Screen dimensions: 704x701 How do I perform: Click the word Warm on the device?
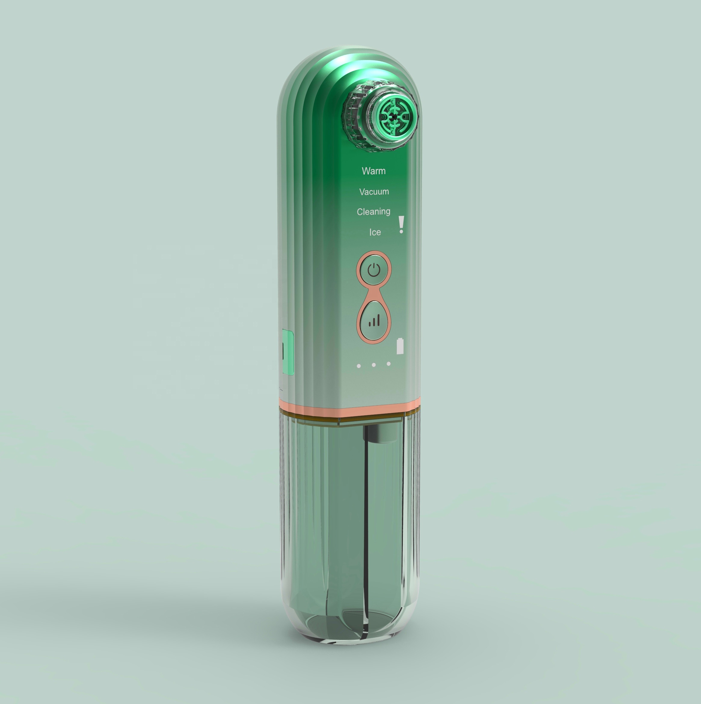pos(374,171)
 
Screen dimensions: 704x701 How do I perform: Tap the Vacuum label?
pos(374,192)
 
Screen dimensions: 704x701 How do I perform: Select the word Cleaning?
pos(373,212)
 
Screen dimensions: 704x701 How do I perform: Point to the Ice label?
pos(375,232)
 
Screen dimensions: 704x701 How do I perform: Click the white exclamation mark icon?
pos(401,225)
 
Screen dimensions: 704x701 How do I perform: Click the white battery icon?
pos(400,346)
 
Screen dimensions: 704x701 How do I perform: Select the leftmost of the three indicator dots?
pos(359,365)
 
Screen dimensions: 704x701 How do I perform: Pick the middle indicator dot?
pos(374,365)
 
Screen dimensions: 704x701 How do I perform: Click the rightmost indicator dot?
pos(389,364)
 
